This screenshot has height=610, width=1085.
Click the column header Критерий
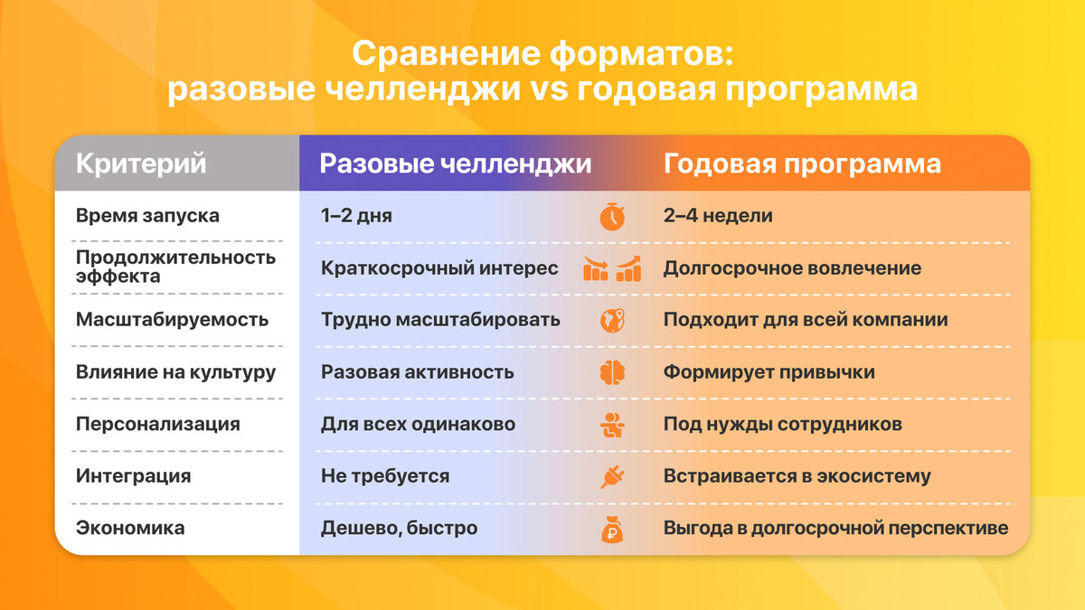tap(141, 164)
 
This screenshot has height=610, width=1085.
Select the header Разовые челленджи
tap(456, 164)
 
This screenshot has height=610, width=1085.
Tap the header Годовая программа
tap(802, 164)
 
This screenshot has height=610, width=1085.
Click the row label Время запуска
tap(147, 217)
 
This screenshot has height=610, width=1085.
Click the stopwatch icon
tap(612, 217)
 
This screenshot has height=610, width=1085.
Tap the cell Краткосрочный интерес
tap(439, 268)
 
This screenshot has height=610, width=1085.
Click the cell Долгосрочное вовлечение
tap(792, 268)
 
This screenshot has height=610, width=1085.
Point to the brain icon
tap(612, 372)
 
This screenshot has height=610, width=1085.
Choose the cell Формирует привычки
tap(769, 372)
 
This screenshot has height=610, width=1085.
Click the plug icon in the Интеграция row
tap(612, 476)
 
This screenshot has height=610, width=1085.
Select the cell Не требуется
tap(385, 476)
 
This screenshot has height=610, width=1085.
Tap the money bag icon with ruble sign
tap(612, 529)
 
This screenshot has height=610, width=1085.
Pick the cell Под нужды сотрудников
tap(782, 424)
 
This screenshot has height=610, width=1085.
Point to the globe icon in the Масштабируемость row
tap(612, 320)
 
